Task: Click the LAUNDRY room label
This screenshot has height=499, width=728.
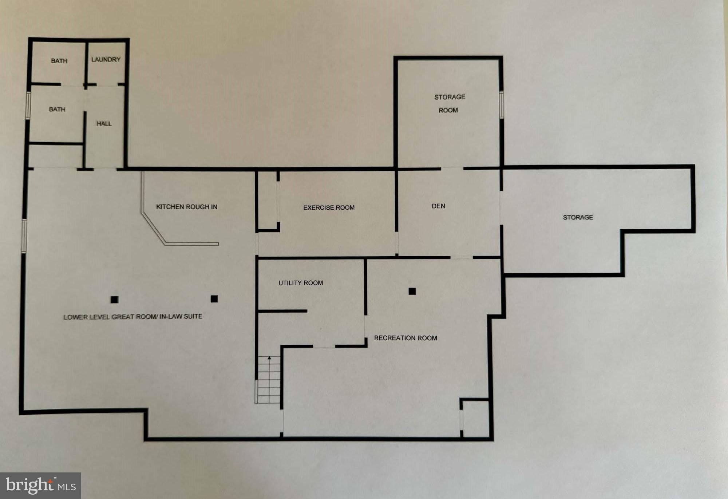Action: tap(106, 59)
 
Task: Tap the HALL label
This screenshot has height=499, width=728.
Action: tap(104, 124)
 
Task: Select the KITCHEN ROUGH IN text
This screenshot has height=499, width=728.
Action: tap(187, 207)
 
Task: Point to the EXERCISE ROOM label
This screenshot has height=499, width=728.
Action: tap(329, 207)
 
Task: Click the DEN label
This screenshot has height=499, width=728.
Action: tap(438, 206)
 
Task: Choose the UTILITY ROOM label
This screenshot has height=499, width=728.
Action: tap(301, 283)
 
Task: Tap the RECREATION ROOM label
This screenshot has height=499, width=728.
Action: tap(405, 338)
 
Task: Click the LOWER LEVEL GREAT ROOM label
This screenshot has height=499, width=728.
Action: tap(133, 317)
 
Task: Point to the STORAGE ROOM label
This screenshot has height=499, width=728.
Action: tap(449, 104)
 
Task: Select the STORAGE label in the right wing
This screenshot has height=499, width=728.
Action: tap(578, 217)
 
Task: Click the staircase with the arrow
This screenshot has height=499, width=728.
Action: tap(269, 379)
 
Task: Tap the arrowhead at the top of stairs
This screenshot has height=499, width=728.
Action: tap(269, 358)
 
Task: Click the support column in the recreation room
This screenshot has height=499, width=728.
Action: tap(412, 291)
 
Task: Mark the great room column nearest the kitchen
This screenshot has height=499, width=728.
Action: tap(214, 299)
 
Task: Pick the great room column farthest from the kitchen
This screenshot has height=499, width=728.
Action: tap(115, 300)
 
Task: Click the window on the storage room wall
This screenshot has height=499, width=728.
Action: tap(501, 105)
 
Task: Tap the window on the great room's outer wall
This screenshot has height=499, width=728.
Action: tap(24, 236)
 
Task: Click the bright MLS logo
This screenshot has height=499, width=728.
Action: tap(40, 486)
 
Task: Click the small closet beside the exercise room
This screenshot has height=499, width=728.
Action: tap(268, 201)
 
